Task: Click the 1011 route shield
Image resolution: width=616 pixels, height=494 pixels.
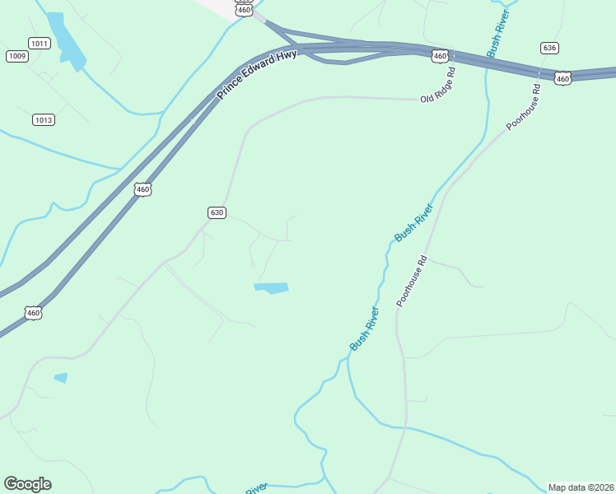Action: pyautogui.click(x=39, y=43)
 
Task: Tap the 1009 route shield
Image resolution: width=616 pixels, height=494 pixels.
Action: pyautogui.click(x=16, y=56)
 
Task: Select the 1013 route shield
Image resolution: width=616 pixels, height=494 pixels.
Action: pyautogui.click(x=44, y=120)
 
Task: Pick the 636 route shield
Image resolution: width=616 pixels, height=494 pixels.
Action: pyautogui.click(x=550, y=48)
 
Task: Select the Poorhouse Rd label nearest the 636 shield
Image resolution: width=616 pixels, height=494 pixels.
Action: pyautogui.click(x=524, y=106)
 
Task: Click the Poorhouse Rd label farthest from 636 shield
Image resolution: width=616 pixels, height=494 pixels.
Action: pyautogui.click(x=412, y=282)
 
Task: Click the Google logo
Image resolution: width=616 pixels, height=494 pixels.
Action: pyautogui.click(x=27, y=484)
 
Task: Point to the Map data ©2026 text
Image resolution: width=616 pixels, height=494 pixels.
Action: pyautogui.click(x=581, y=487)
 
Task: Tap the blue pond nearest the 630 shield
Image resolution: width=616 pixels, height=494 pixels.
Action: pyautogui.click(x=271, y=288)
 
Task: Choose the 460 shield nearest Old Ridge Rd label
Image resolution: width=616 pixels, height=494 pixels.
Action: pyautogui.click(x=441, y=56)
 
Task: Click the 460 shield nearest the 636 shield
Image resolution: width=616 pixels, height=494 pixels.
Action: pyautogui.click(x=562, y=78)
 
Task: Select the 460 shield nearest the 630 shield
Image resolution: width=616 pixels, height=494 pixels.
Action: pyautogui.click(x=143, y=189)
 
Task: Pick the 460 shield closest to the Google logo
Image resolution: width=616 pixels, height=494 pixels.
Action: pyautogui.click(x=33, y=313)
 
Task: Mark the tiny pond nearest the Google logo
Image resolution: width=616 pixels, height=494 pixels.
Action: pyautogui.click(x=60, y=378)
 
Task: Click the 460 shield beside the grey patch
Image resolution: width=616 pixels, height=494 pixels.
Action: pyautogui.click(x=244, y=9)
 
